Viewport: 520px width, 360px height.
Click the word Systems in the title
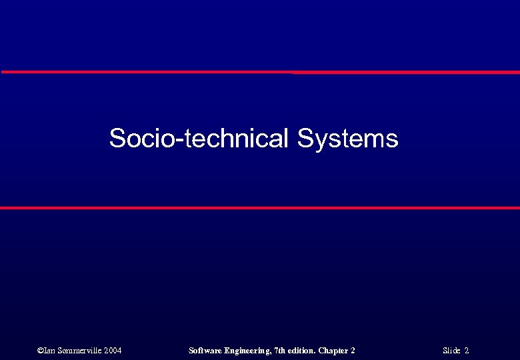347,139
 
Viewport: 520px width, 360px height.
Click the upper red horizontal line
260,72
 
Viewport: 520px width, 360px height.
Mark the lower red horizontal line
260,208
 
